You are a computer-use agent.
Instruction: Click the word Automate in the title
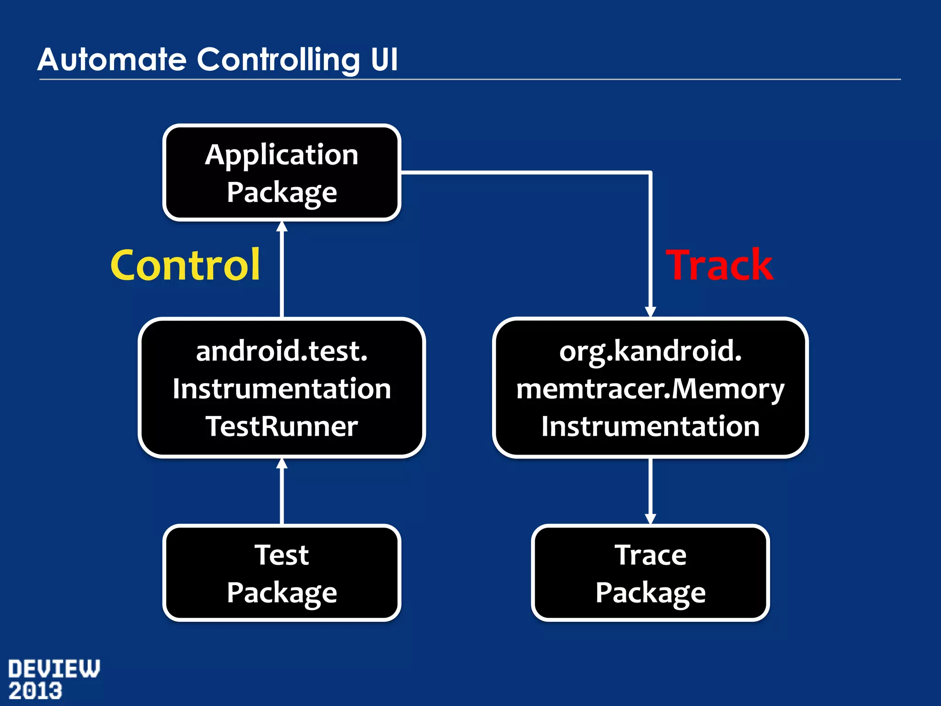[112, 60]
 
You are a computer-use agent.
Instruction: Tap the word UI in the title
[384, 60]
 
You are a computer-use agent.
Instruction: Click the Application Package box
[282, 173]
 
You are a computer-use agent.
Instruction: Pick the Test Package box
[282, 573]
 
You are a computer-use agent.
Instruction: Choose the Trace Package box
[650, 573]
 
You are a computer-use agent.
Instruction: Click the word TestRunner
[282, 427]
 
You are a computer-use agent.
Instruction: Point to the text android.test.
[282, 351]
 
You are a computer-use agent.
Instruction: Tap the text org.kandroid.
[650, 351]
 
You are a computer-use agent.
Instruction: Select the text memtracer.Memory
[650, 389]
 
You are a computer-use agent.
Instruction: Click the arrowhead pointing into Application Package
[282, 227]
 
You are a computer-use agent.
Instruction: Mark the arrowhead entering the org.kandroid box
[650, 312]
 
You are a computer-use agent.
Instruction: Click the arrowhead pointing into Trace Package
[650, 518]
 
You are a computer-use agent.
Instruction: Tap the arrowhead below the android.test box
[282, 464]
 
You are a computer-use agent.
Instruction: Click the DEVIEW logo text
[54, 669]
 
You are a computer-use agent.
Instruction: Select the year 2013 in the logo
[35, 691]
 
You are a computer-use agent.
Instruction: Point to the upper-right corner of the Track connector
[650, 173]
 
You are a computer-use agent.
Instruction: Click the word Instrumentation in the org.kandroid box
[650, 427]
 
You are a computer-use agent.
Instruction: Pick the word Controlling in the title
[279, 60]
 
